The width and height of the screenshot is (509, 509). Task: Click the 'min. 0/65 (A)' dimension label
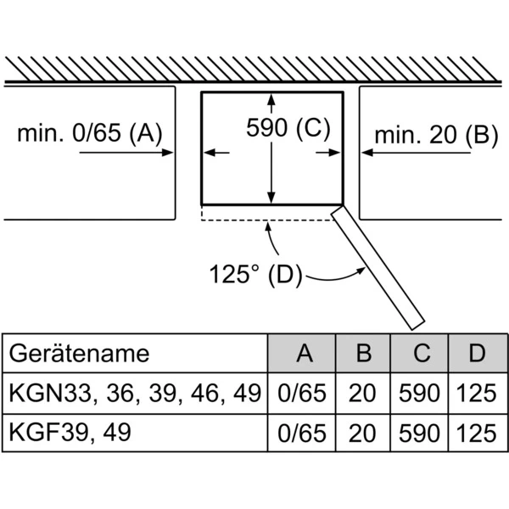(89, 133)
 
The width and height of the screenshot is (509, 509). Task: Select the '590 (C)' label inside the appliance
(287, 128)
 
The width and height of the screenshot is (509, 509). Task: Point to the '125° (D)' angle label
(255, 274)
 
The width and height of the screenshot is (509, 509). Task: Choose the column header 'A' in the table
(302, 353)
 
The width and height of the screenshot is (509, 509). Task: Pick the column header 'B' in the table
(364, 353)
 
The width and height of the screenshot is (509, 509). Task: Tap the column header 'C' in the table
(422, 353)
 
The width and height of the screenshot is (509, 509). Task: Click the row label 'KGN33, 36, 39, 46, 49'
(134, 393)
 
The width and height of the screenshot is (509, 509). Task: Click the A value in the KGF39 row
(302, 433)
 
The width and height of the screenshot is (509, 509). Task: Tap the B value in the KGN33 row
(364, 394)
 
